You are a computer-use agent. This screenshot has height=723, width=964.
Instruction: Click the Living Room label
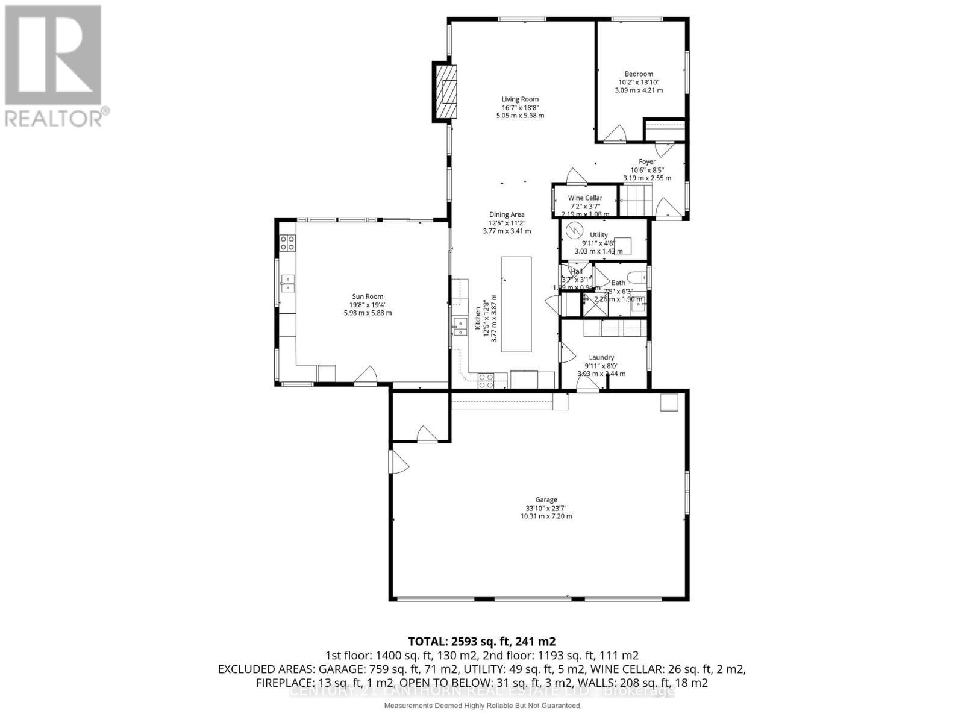pyautogui.click(x=520, y=99)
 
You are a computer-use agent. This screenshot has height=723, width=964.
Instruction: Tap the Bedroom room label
pyautogui.click(x=639, y=74)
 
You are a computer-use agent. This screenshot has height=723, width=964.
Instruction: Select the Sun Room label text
pyautogui.click(x=368, y=296)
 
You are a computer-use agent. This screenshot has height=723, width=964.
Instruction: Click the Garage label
pyautogui.click(x=546, y=499)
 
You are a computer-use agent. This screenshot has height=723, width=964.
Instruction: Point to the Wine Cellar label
pyautogui.click(x=585, y=198)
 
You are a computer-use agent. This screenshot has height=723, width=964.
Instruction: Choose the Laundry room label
pyautogui.click(x=601, y=357)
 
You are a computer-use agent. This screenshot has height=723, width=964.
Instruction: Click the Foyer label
pyautogui.click(x=647, y=161)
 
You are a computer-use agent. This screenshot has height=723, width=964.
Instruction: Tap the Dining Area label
pyautogui.click(x=506, y=214)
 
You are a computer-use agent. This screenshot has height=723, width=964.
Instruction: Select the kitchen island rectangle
pyautogui.click(x=516, y=304)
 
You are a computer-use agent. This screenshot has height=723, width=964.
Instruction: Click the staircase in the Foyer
pyautogui.click(x=637, y=200)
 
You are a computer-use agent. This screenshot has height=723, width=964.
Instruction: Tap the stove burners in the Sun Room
pyautogui.click(x=287, y=243)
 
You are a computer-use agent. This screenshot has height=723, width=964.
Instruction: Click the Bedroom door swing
pyautogui.click(x=617, y=134)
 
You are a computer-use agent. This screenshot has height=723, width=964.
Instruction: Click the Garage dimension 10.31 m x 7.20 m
pyautogui.click(x=546, y=516)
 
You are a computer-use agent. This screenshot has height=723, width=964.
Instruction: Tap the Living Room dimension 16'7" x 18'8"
pyautogui.click(x=520, y=107)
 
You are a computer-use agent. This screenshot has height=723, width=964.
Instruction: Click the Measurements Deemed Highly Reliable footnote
pyautogui.click(x=481, y=706)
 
